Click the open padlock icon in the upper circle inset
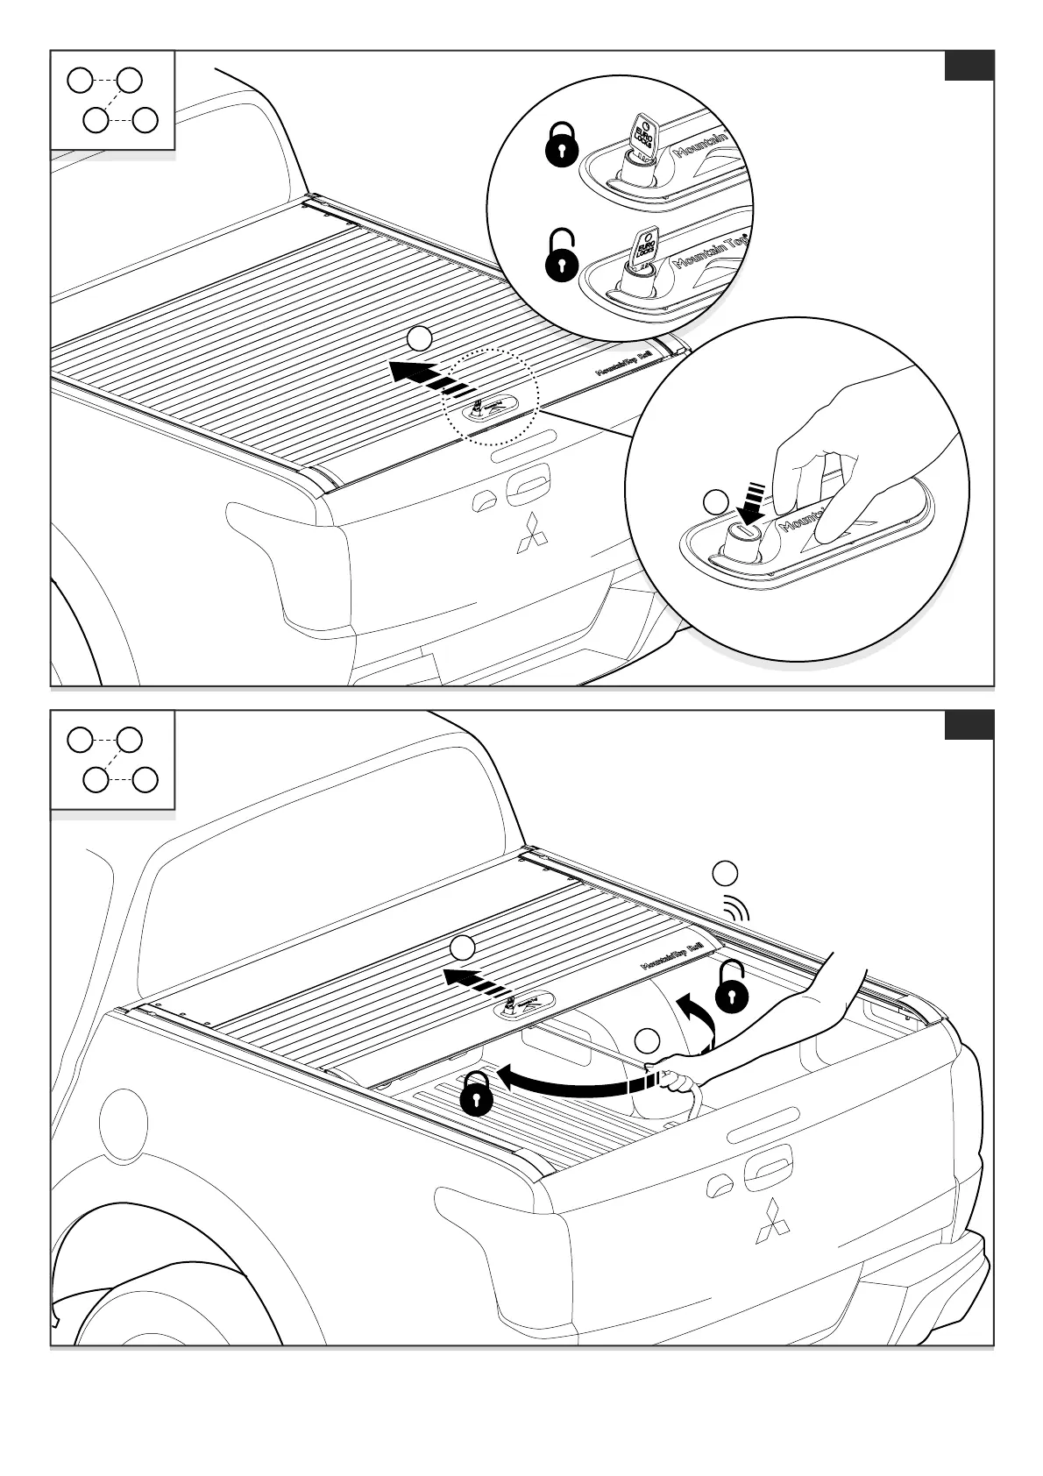[562, 257]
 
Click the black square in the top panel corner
[968, 66]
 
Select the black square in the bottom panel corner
[968, 725]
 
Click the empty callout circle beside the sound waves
[725, 873]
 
